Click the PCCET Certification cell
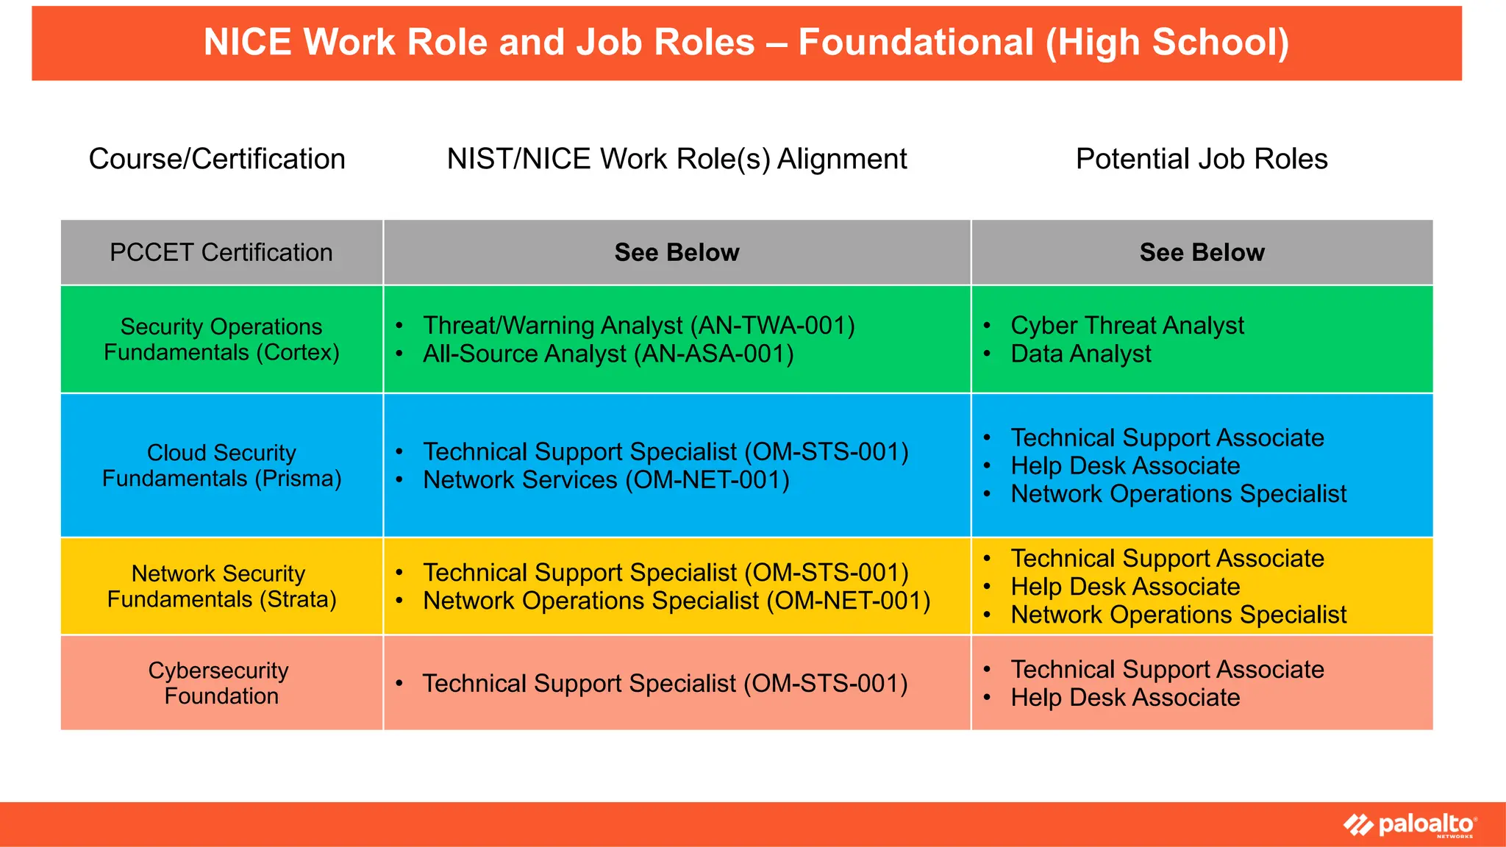[221, 252]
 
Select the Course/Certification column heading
[217, 159]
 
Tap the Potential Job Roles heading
[1202, 159]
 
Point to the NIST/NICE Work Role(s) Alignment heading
[677, 159]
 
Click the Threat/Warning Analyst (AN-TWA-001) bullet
[638, 325]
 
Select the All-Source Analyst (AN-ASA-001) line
[607, 354]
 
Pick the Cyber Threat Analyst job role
[1127, 325]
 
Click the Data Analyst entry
[1080, 354]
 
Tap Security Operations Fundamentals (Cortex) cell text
[221, 339]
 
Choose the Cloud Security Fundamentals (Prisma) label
[221, 465]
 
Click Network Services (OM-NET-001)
[606, 480]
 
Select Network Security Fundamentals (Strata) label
[221, 586]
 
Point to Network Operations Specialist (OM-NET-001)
[677, 601]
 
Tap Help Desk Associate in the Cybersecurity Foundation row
[1125, 698]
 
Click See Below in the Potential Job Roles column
[1202, 252]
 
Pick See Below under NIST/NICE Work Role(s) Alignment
[677, 252]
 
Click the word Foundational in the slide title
[916, 42]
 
